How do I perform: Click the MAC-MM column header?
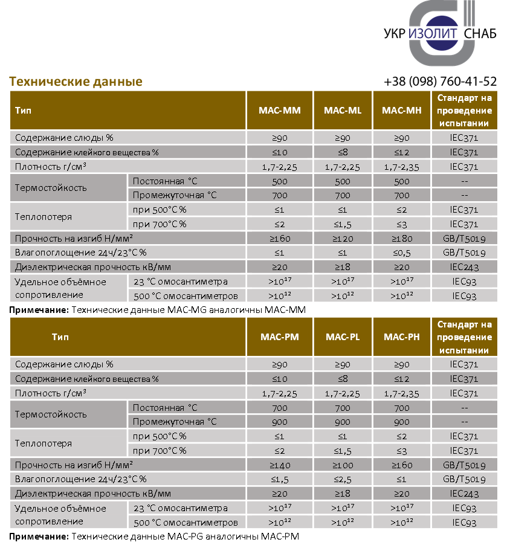click(x=280, y=111)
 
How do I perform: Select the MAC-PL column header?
click(x=343, y=337)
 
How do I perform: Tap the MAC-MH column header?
click(x=401, y=111)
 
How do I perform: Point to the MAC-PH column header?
click(x=401, y=337)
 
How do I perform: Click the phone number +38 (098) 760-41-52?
click(x=440, y=82)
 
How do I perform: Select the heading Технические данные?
click(x=76, y=82)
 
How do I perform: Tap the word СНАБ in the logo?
click(x=480, y=34)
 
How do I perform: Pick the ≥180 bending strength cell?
click(x=401, y=239)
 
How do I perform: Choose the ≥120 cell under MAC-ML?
click(x=343, y=239)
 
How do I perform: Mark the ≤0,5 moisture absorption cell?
click(x=401, y=253)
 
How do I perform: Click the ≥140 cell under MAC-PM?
click(x=280, y=465)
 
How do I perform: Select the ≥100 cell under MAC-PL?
click(x=343, y=465)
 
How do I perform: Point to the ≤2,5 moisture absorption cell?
click(x=343, y=480)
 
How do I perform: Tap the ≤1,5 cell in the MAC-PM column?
click(x=280, y=480)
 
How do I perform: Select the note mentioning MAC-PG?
click(x=155, y=537)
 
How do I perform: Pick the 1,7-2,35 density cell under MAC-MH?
click(x=401, y=167)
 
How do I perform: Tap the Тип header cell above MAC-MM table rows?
click(x=25, y=111)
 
